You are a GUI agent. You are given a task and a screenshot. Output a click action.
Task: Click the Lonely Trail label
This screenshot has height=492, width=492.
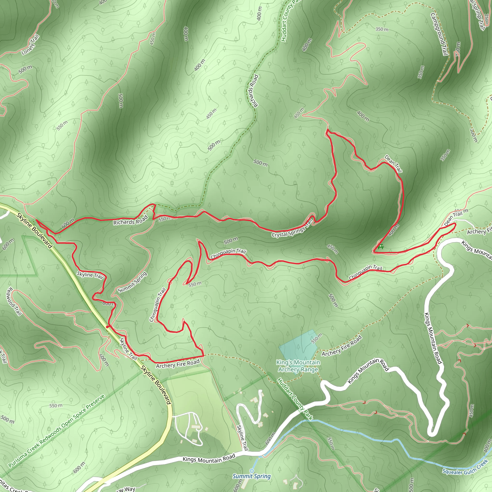click(31, 45)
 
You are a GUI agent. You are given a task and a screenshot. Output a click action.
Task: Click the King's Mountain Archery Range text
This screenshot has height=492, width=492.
click(298, 366)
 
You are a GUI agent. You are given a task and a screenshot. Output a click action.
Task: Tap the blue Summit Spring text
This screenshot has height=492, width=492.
click(252, 476)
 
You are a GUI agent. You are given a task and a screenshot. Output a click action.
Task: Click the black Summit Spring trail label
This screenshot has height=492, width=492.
click(132, 282)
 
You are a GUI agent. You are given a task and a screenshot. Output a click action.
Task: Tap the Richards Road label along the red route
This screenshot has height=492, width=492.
click(130, 220)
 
